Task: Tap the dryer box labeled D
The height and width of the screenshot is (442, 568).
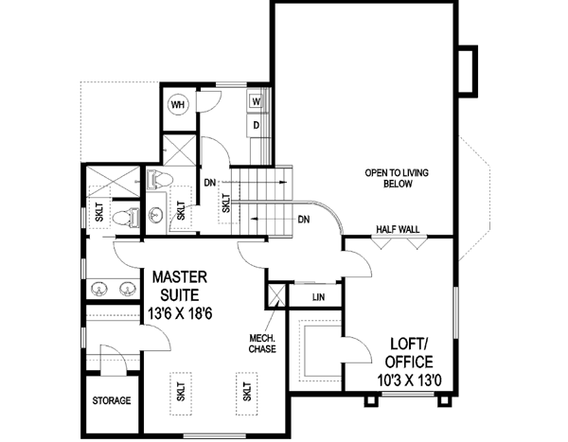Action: (x=257, y=123)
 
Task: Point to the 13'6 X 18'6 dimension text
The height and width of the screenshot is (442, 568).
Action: (x=186, y=312)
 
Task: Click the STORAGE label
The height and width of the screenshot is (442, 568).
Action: (x=112, y=401)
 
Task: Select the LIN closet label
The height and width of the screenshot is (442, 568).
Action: (x=319, y=296)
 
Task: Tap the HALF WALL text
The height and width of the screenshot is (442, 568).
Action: (x=398, y=229)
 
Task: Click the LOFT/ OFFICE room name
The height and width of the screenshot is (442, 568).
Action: (x=410, y=353)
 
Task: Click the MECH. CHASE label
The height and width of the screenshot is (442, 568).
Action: (x=261, y=343)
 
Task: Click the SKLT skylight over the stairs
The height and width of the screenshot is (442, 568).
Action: (x=226, y=202)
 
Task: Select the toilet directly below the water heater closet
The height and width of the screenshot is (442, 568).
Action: (x=160, y=178)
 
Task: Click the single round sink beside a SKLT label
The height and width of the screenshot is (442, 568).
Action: (x=157, y=214)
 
